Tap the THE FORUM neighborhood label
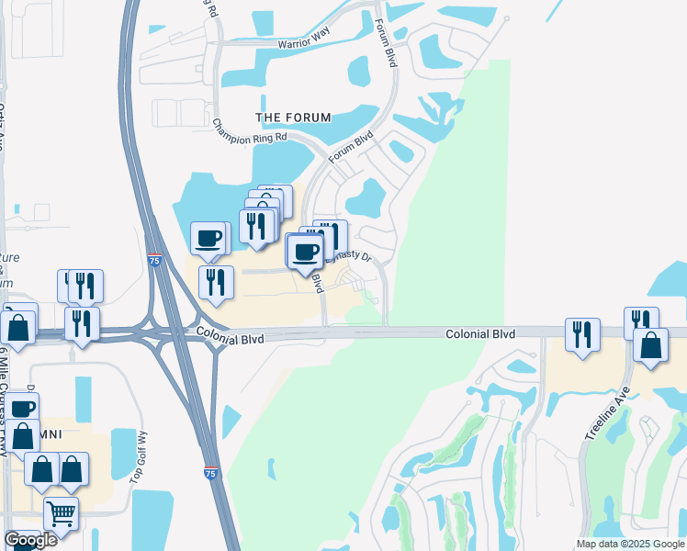tap(293, 118)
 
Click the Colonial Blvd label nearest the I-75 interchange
tap(229, 338)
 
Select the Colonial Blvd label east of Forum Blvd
tap(479, 334)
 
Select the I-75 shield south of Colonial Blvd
tap(210, 473)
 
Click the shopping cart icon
tap(61, 515)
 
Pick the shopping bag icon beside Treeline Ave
tap(651, 345)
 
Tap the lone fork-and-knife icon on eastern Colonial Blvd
tap(582, 335)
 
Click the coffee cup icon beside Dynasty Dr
tap(306, 250)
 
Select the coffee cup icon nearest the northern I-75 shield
tap(208, 239)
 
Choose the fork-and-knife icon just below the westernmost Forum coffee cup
tap(216, 282)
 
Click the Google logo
tap(30, 540)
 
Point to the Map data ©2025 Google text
tap(629, 544)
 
